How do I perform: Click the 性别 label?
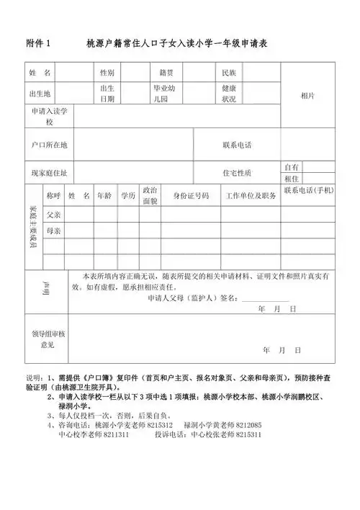pyautogui.click(x=107, y=73)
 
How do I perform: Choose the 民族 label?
pyautogui.click(x=230, y=73)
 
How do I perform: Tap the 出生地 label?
pyautogui.click(x=40, y=94)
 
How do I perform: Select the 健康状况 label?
pyautogui.click(x=229, y=94)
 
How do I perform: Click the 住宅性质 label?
pyautogui.click(x=238, y=173)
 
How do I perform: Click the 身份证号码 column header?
pyautogui.click(x=191, y=195)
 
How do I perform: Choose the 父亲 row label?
pyautogui.click(x=54, y=215)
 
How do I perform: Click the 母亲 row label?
pyautogui.click(x=54, y=231)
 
